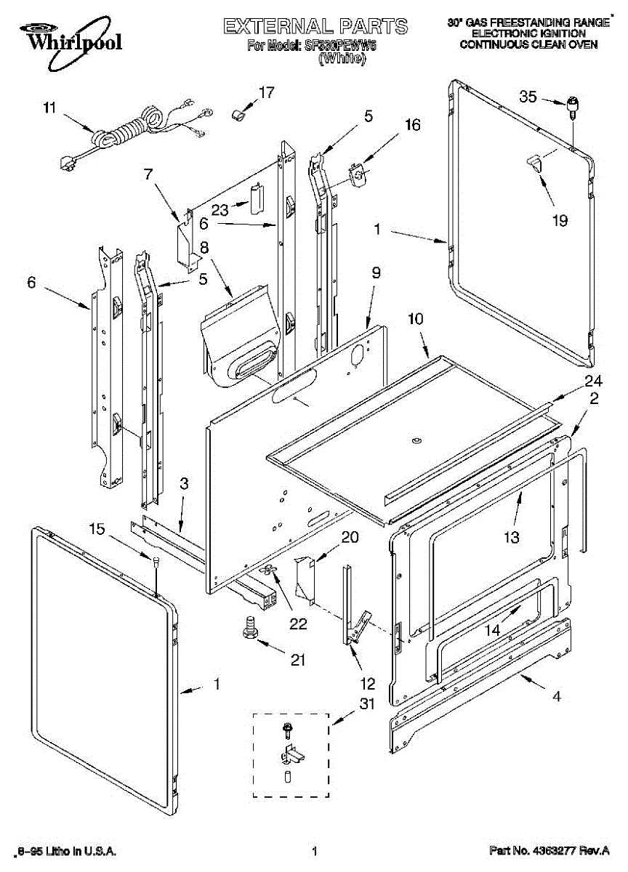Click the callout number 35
(528, 97)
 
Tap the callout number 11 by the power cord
(49, 109)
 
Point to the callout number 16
(412, 124)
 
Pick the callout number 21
(297, 660)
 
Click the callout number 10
(415, 318)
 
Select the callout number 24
(594, 381)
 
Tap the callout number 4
(557, 696)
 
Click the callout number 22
(298, 623)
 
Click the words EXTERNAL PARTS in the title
(315, 27)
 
